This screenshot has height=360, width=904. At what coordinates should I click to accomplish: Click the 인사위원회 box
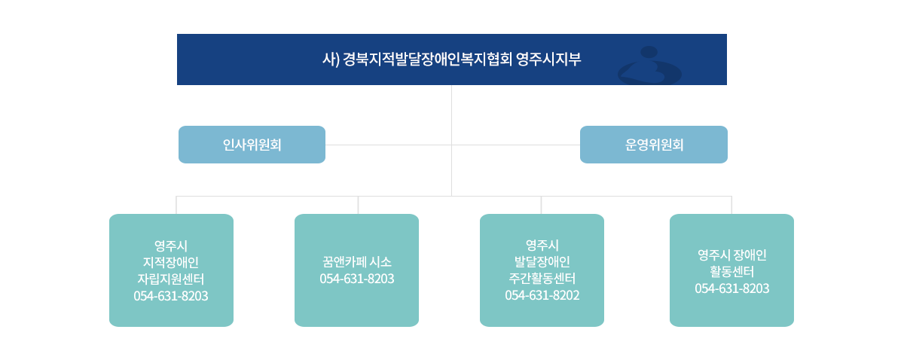[252, 145]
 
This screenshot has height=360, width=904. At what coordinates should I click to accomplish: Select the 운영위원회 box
[654, 145]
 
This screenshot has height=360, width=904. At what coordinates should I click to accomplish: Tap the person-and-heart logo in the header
[649, 66]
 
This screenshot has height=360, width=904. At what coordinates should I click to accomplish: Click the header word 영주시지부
[548, 59]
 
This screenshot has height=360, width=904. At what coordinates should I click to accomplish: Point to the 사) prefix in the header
[331, 59]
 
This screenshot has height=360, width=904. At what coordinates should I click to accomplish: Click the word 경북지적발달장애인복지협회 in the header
[428, 59]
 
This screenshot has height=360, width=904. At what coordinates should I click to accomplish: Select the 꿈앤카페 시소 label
[357, 262]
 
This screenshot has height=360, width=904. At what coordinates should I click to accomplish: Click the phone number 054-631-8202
[542, 295]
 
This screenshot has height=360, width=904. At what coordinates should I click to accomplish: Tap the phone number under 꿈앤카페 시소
[357, 279]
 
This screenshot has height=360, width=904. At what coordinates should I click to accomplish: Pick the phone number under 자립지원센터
[171, 296]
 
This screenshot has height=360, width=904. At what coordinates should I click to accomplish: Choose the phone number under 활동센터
[732, 288]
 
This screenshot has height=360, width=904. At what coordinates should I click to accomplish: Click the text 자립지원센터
[171, 279]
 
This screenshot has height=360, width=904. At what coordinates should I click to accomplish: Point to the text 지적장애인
[171, 262]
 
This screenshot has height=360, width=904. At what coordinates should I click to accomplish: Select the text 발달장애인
[542, 261]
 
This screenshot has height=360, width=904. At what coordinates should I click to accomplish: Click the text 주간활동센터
[542, 278]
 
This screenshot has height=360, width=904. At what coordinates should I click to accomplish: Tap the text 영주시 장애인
[732, 255]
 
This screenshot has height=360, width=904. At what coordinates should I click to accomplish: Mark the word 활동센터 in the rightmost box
[732, 271]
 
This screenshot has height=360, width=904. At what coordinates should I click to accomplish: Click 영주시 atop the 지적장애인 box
[171, 246]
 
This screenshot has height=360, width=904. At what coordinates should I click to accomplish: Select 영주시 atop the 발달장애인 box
[542, 245]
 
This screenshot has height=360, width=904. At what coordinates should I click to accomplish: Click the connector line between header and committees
[451, 115]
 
